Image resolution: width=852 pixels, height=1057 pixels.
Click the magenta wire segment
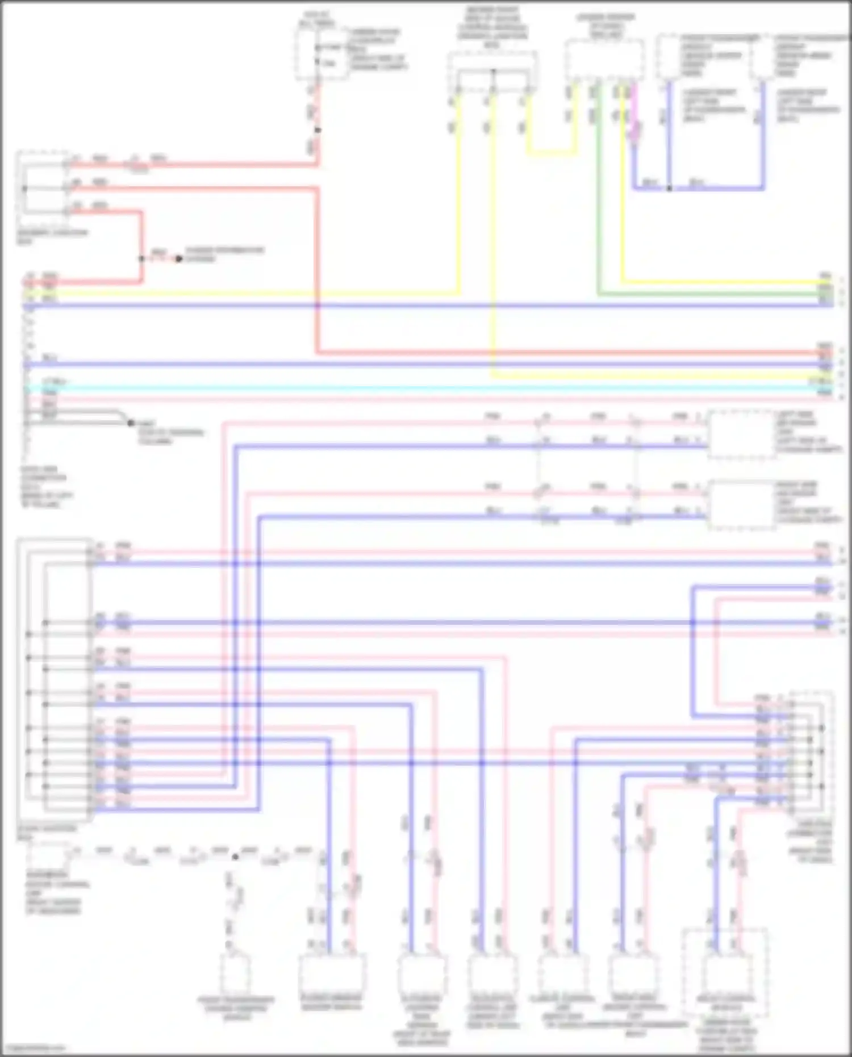(x=634, y=114)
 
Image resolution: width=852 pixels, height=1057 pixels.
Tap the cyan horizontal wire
(x=398, y=388)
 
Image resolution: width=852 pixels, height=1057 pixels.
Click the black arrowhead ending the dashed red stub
(x=178, y=259)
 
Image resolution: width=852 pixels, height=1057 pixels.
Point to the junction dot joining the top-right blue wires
(x=670, y=188)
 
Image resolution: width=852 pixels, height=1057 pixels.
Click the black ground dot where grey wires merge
(x=131, y=423)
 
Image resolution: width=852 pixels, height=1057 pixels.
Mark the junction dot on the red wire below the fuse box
(x=318, y=130)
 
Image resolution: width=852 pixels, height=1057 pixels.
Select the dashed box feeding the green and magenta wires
(x=604, y=60)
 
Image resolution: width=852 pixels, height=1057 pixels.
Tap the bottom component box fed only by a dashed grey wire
(x=235, y=974)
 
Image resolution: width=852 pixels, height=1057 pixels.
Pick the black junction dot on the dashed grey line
(x=235, y=857)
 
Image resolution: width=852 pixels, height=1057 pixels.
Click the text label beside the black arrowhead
(x=224, y=254)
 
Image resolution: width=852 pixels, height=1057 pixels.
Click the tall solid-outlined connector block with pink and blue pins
(x=55, y=679)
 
